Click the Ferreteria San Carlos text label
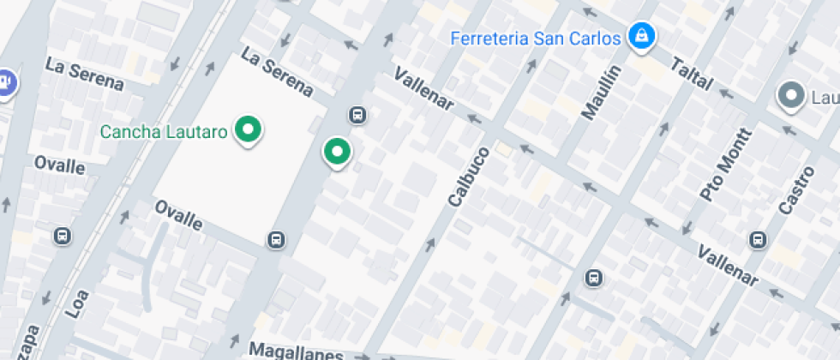(x=535, y=39)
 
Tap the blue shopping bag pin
(x=640, y=36)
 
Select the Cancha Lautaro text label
(x=164, y=132)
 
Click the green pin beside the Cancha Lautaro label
(x=249, y=129)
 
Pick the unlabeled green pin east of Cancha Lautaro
(x=337, y=153)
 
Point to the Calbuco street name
(x=468, y=177)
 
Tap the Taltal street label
(x=692, y=74)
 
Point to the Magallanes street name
(x=296, y=351)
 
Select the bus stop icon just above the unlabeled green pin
(x=357, y=115)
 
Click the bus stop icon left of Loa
(x=63, y=236)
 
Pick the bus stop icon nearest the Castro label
(x=758, y=239)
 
